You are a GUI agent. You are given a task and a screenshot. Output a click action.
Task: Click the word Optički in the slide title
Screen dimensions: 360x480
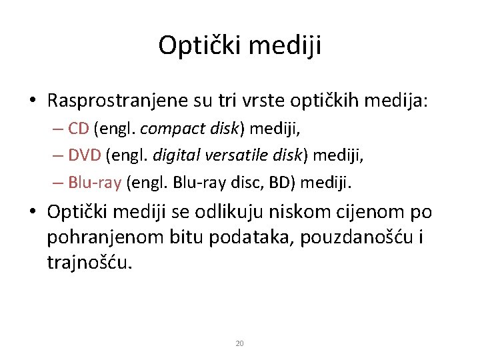coord(189,46)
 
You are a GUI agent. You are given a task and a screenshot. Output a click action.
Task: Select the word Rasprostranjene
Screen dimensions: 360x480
coord(111,101)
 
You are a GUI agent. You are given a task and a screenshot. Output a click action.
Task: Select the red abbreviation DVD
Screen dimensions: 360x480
coord(84,156)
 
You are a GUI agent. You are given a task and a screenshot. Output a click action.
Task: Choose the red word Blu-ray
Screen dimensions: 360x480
coord(90,181)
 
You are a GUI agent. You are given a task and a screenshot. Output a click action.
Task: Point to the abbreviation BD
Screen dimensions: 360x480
coord(281,181)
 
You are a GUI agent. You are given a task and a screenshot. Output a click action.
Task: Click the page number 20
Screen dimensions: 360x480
coord(240,343)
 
